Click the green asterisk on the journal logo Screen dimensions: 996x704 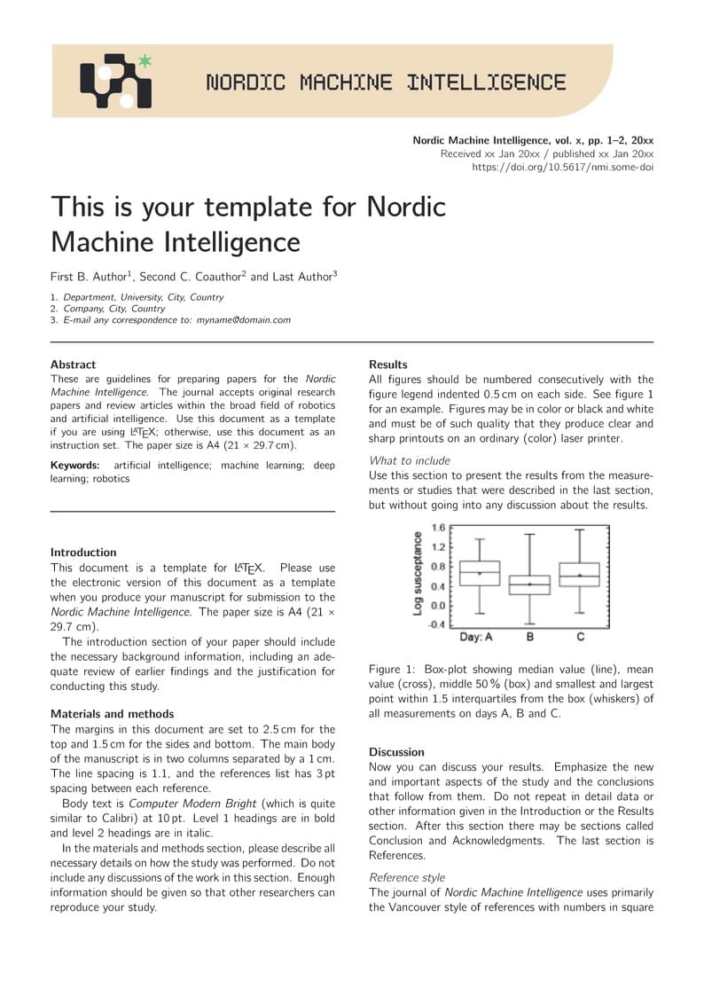pos(145,61)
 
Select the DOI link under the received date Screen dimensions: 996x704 pos(562,167)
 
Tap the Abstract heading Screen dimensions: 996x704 pos(73,365)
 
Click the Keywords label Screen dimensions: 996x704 pos(76,465)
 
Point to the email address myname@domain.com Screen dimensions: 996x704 pos(243,320)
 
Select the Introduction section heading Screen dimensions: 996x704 pos(83,553)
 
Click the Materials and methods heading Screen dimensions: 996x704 pos(112,714)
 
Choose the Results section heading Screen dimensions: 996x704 pos(388,365)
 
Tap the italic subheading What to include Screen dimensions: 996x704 pos(410,460)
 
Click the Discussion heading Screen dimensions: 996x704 pos(396,752)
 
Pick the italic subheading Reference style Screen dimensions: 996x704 pos(407,877)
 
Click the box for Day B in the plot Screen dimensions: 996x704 pos(529,584)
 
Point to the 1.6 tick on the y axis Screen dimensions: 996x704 pos(438,528)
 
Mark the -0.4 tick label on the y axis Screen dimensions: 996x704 pos(436,624)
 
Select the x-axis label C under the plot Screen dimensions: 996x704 pos(580,637)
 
